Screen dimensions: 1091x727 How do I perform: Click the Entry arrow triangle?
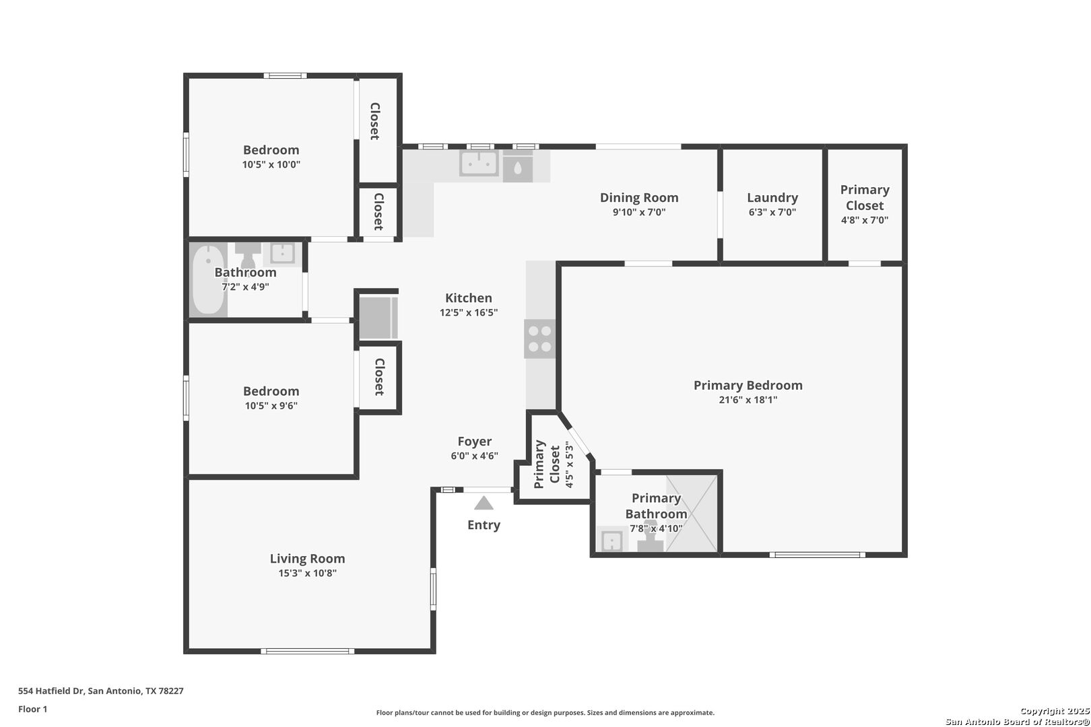coord(484,503)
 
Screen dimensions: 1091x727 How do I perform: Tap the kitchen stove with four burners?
coord(539,339)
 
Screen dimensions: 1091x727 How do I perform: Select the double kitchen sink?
coord(480,163)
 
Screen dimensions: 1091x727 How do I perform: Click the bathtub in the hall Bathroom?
coord(209,280)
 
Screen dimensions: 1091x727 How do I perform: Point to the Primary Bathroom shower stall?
coord(692,513)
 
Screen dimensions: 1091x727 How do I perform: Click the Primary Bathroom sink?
coord(611,541)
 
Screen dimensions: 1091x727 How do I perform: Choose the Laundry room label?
coord(772,197)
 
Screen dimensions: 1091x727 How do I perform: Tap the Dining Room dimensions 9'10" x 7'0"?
coord(639,212)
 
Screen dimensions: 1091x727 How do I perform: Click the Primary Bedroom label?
coord(748,385)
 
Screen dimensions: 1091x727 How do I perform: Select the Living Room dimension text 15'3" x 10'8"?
coord(307,573)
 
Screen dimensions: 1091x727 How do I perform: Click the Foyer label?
coord(474,442)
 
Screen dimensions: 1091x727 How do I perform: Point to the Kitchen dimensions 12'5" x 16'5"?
coord(469,312)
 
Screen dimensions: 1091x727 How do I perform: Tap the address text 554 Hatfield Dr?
coord(51,691)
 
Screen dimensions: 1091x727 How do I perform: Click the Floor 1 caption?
coord(32,709)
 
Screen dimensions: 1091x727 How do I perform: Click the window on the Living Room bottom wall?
coord(307,651)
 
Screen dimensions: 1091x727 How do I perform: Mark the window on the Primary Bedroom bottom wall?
coord(818,555)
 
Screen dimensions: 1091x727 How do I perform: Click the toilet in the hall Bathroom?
coord(247,255)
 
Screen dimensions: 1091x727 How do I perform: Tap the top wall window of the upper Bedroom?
coord(286,75)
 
